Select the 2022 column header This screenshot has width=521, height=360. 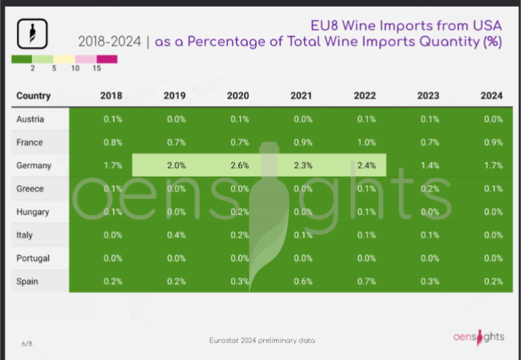[x=364, y=96]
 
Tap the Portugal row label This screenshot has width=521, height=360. [x=33, y=258]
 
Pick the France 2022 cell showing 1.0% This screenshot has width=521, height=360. [x=365, y=142]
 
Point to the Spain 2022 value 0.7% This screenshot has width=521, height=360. [x=365, y=281]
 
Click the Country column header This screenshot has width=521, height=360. [x=33, y=96]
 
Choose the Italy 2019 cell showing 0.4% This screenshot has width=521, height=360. [x=174, y=235]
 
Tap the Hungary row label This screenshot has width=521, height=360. [x=33, y=212]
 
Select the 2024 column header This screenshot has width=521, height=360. [x=491, y=96]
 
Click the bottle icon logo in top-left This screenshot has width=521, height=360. [x=31, y=33]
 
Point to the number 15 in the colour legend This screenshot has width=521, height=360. [x=96, y=68]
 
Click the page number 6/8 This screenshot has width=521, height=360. [x=26, y=344]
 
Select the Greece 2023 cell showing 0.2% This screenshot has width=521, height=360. [x=428, y=188]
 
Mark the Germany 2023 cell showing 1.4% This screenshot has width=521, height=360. [x=428, y=165]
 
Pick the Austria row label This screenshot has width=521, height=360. [x=30, y=119]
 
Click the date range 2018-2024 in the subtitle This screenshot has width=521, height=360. [x=109, y=42]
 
